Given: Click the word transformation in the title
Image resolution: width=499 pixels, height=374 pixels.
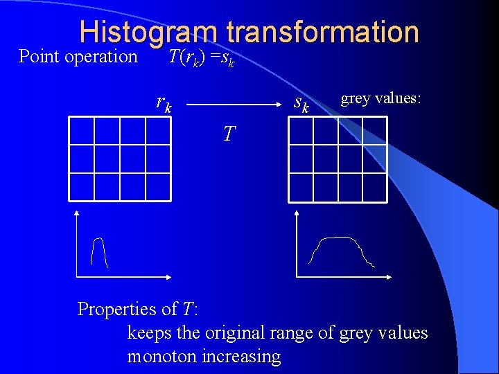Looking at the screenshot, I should (x=322, y=33).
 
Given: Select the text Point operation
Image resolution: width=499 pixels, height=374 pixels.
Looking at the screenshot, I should (x=78, y=56).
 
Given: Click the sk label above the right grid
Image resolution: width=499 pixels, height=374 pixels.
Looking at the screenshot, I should (x=301, y=104).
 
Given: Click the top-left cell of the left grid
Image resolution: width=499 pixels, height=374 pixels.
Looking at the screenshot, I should (x=82, y=131).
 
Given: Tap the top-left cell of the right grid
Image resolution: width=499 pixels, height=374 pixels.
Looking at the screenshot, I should (x=301, y=131).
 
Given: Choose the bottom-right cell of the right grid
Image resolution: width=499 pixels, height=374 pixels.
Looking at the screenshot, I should (x=374, y=186).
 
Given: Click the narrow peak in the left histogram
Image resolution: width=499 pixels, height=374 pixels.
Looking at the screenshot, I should (x=100, y=251).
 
